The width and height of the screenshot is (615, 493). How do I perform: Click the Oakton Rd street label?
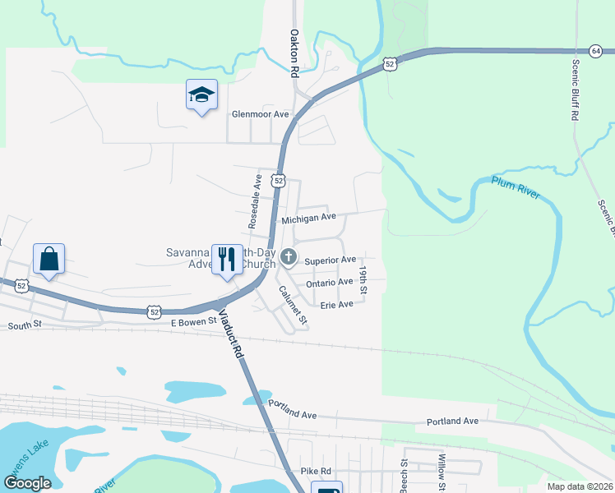click(294, 53)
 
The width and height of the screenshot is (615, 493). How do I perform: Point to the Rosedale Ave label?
click(256, 200)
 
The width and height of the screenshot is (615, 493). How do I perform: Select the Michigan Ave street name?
click(309, 219)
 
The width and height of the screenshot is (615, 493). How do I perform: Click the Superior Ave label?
click(330, 260)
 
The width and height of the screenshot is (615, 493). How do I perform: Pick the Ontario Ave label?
click(329, 283)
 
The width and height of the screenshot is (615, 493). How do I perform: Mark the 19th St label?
click(363, 280)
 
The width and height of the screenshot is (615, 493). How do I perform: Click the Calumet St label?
click(292, 304)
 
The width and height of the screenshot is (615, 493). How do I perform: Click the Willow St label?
click(442, 469)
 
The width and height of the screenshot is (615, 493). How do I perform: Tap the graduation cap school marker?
click(201, 96)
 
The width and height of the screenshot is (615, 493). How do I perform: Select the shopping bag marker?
click(49, 259)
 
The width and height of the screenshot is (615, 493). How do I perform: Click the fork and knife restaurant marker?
click(227, 259)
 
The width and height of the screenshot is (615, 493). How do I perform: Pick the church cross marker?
click(288, 258)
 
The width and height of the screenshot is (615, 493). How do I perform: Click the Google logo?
click(27, 483)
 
